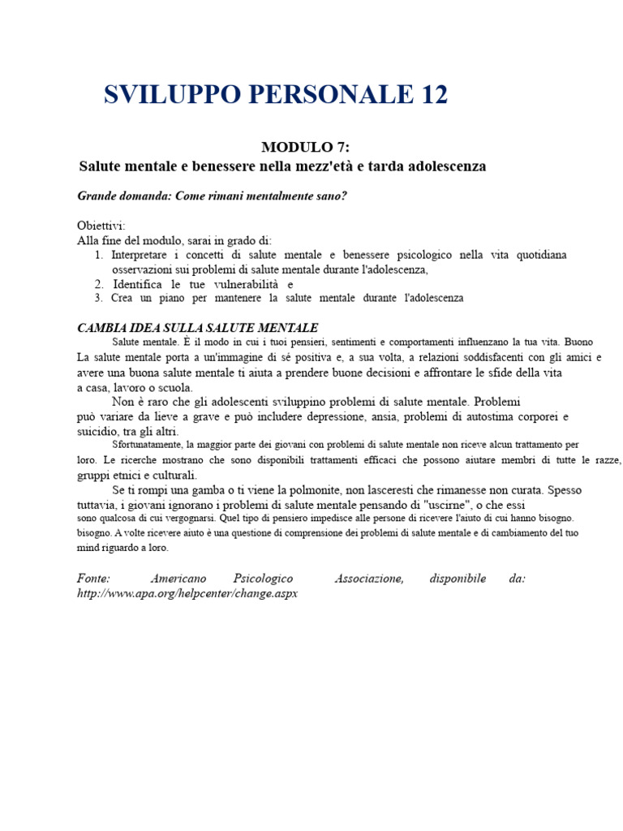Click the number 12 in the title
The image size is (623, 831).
point(428,95)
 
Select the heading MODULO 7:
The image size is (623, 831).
point(306,147)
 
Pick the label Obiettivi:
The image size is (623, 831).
point(101,225)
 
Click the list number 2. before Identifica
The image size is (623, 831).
point(98,284)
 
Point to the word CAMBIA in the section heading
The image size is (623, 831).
point(102,327)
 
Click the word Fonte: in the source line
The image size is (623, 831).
point(93,579)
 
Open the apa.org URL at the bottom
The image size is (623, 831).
point(188,593)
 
